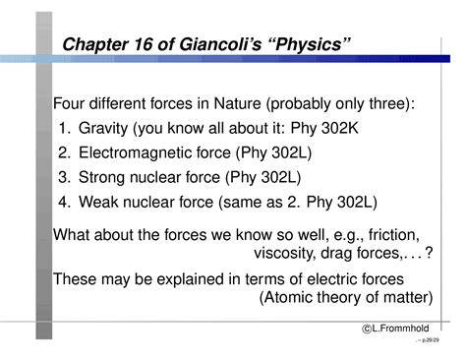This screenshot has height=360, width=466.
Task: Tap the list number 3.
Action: [x=63, y=178]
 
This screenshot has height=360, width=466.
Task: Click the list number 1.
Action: [x=63, y=129]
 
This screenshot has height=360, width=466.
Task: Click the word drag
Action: [x=339, y=254]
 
